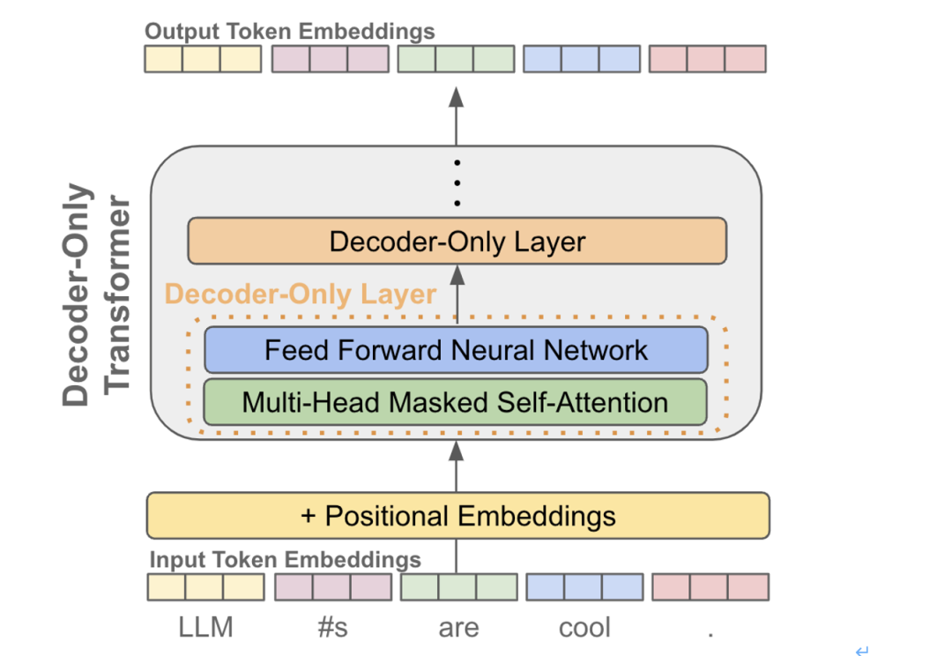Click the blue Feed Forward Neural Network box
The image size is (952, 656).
456,350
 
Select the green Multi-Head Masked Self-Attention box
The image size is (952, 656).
456,402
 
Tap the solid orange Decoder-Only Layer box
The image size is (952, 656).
457,241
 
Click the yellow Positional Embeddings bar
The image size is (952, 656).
457,516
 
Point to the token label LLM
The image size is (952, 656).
205,628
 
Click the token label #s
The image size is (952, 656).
332,628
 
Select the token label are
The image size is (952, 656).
458,628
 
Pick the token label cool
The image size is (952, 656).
584,628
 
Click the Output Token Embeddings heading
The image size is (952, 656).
290,31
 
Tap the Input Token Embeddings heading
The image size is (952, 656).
285,559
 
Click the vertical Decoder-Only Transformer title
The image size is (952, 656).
96,294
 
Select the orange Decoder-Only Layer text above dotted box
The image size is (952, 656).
301,294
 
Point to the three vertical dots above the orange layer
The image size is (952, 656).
457,183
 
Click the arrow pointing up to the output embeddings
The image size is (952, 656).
457,116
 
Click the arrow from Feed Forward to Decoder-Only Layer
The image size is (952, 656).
457,294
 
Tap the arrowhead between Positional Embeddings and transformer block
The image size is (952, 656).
457,451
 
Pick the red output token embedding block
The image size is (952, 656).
707,59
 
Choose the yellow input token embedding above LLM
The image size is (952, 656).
205,587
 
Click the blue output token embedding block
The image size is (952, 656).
582,59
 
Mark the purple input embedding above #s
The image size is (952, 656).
333,587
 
